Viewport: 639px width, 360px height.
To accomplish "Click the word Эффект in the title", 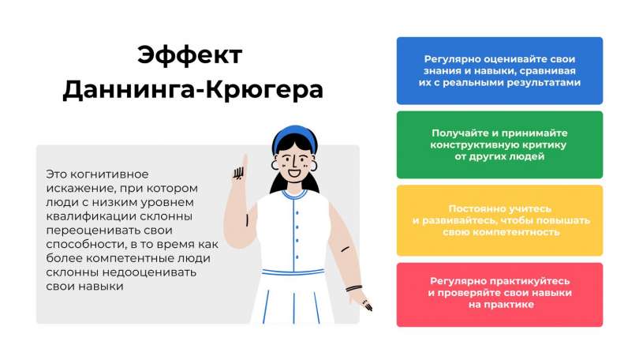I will (190, 57).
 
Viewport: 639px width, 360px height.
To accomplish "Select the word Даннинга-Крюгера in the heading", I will (192, 88).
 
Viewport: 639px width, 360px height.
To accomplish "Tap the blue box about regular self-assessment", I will (499, 70).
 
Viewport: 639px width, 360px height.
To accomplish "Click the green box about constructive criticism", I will (499, 144).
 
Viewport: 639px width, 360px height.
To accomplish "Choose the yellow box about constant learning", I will (499, 220).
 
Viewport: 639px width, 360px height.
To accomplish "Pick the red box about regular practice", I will (499, 293).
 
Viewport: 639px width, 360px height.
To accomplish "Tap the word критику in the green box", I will (542, 145).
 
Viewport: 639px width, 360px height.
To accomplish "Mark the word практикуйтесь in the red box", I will (525, 281).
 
